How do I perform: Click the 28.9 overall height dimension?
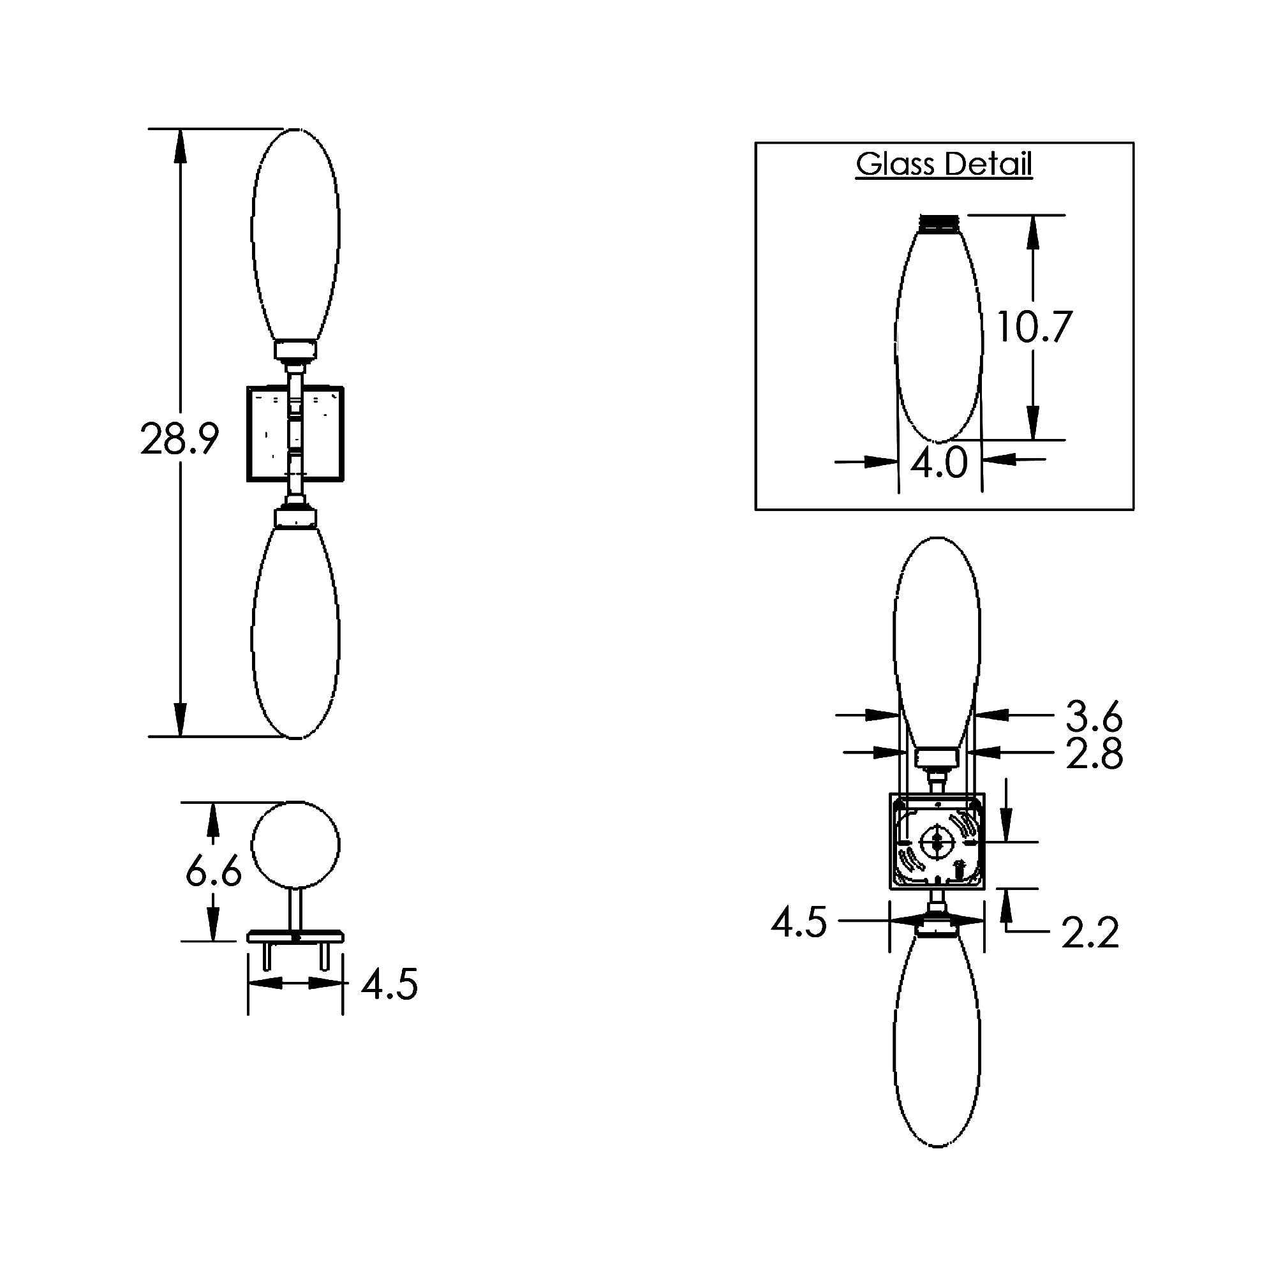179,438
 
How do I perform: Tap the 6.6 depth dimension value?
213,872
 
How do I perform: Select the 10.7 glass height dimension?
1033,326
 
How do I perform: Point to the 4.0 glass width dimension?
938,463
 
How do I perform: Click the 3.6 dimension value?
1094,716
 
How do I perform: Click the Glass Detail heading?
944,164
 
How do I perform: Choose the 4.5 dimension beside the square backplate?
799,922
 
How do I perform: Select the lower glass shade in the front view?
295,631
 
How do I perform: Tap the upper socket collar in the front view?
296,350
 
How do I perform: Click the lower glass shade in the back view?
937,1044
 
